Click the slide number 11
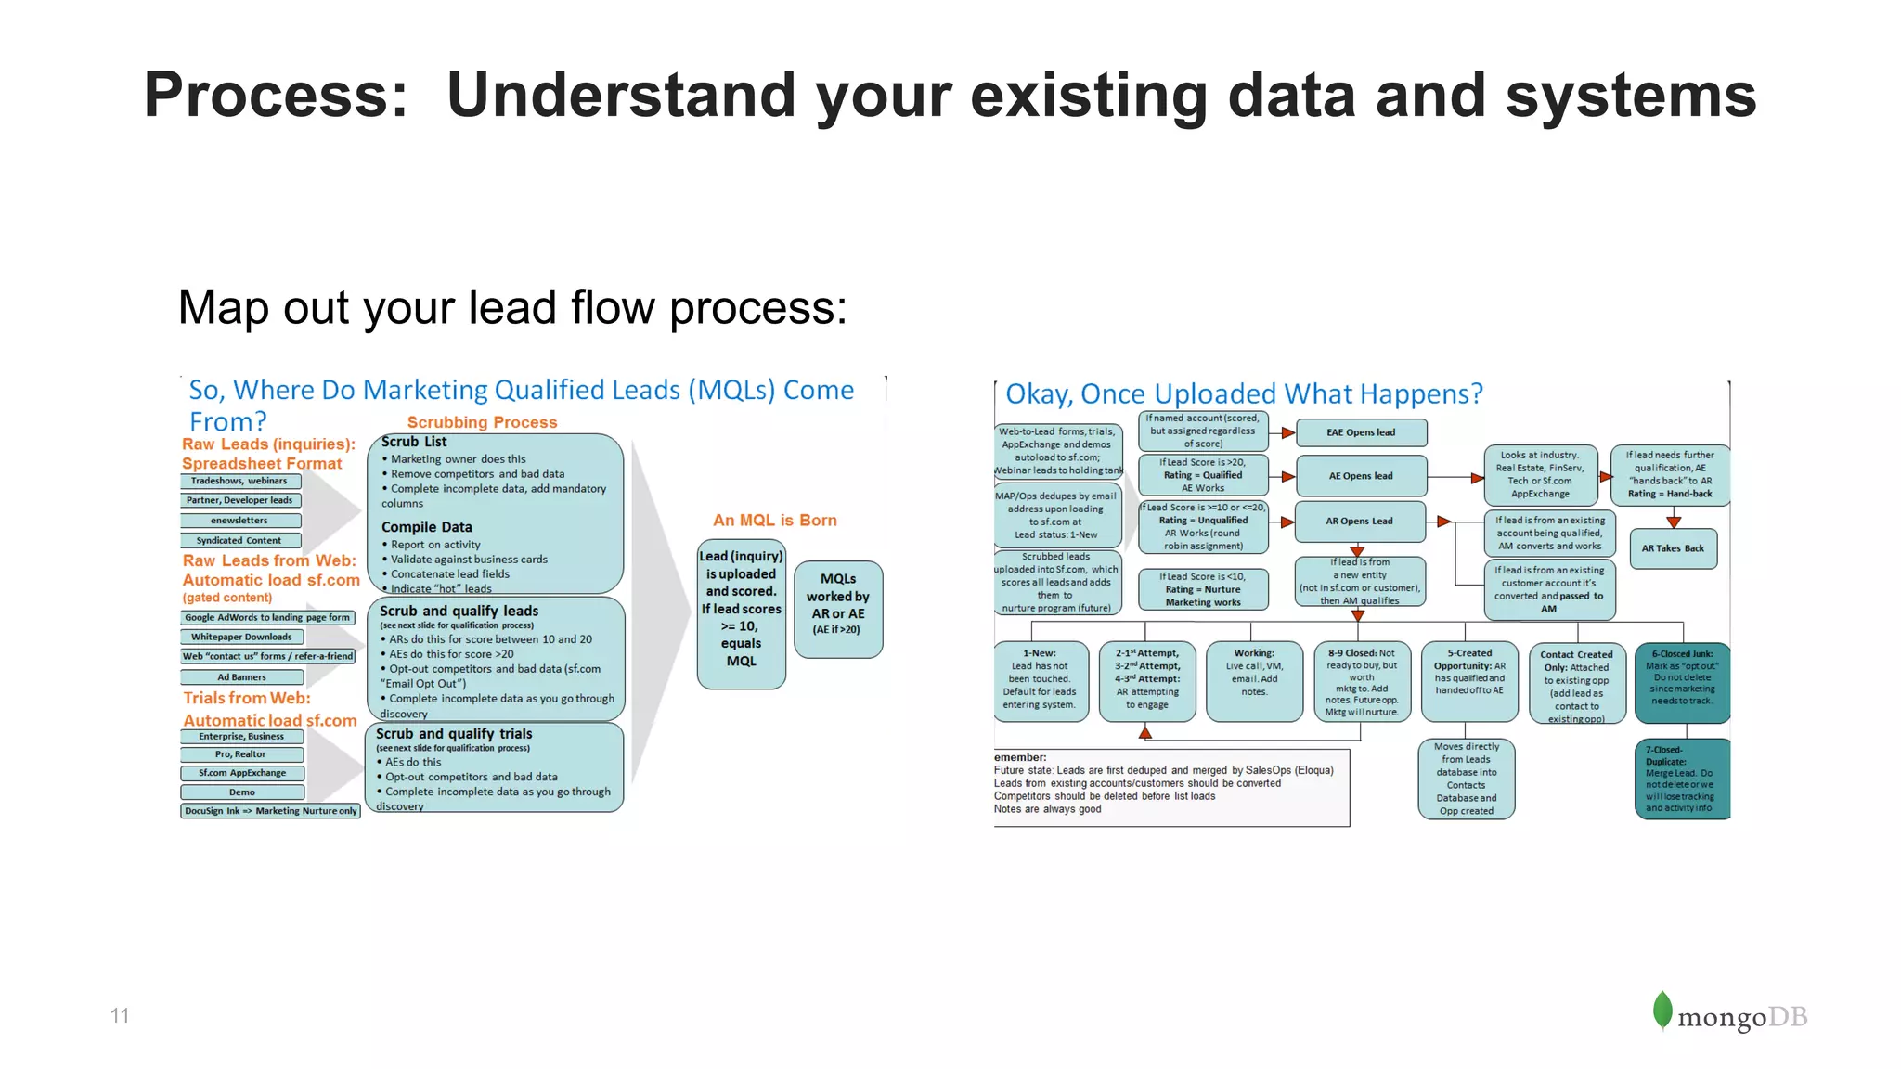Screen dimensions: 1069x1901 click(x=120, y=1015)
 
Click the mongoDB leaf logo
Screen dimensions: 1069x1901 click(x=1662, y=1011)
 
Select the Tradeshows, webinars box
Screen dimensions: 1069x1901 click(x=240, y=481)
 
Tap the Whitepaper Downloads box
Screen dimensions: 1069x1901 click(x=241, y=637)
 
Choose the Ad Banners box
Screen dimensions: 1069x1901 click(x=241, y=677)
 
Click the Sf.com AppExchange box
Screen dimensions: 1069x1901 click(x=242, y=773)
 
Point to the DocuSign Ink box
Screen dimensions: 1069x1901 click(x=270, y=811)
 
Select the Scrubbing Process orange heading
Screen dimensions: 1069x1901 click(x=482, y=422)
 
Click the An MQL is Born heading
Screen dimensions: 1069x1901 click(x=774, y=521)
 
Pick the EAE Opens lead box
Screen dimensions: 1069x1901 click(x=1361, y=432)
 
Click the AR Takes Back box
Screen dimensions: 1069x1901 click(x=1673, y=548)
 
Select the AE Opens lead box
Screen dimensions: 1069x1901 click(x=1361, y=476)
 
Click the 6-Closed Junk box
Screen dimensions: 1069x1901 click(x=1682, y=683)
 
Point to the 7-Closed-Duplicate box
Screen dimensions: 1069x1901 click(x=1681, y=779)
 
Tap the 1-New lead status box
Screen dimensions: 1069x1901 click(x=1040, y=681)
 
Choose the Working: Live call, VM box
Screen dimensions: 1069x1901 click(x=1254, y=681)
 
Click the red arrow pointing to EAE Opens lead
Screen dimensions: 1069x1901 click(x=1287, y=432)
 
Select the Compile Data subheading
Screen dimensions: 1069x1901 click(x=426, y=527)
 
